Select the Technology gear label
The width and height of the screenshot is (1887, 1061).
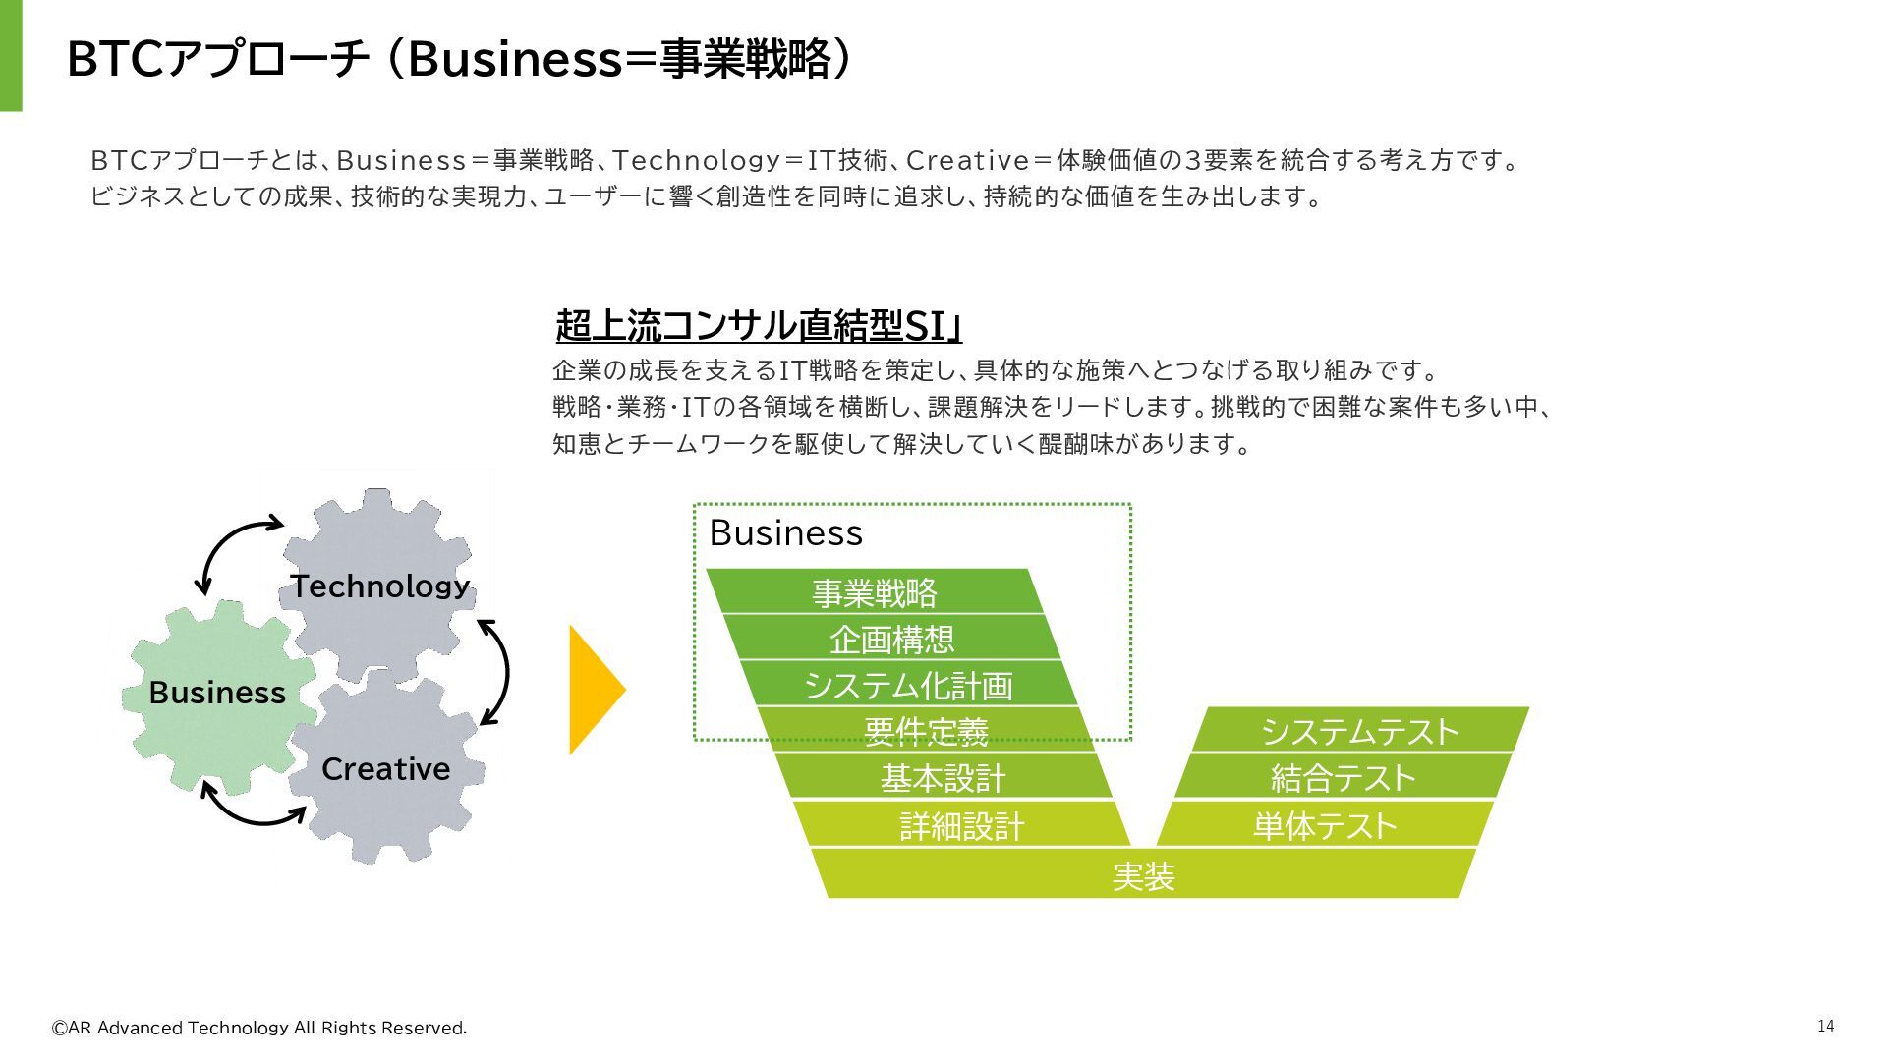(x=380, y=586)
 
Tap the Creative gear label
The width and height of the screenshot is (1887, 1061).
(x=385, y=769)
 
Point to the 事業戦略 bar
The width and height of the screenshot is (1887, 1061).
(x=874, y=592)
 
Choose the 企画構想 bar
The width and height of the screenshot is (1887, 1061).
(x=891, y=639)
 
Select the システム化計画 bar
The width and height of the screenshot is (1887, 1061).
(x=908, y=685)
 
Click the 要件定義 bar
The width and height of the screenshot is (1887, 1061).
(x=925, y=731)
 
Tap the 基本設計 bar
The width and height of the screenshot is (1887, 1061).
(x=943, y=778)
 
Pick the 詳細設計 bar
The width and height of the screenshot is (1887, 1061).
(x=961, y=825)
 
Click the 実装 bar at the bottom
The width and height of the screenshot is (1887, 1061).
(x=1143, y=874)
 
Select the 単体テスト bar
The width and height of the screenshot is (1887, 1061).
(x=1325, y=825)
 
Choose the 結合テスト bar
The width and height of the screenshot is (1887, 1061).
(x=1343, y=778)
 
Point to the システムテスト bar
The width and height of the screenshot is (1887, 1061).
(x=1360, y=731)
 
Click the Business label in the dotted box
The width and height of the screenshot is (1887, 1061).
(x=785, y=533)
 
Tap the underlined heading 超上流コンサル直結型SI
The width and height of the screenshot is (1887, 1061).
(x=758, y=326)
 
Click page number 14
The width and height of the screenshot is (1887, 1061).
(x=1825, y=1026)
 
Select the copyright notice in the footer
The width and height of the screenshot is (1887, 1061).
(x=259, y=1028)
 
